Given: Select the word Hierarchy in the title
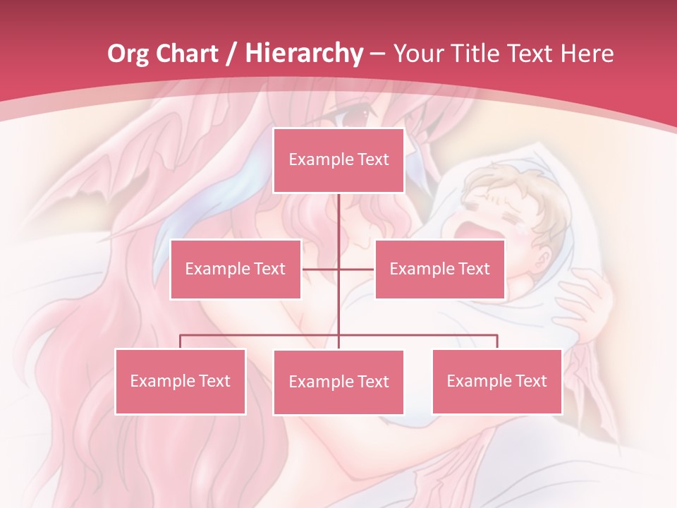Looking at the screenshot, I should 304,54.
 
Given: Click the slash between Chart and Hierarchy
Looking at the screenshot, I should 231,54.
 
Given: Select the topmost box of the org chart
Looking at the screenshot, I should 338,160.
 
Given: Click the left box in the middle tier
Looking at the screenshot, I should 236,269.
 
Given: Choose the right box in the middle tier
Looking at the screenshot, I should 439,269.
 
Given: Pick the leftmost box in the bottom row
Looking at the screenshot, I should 180,381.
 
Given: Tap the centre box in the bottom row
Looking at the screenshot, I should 338,382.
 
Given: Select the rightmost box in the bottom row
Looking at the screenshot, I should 496,381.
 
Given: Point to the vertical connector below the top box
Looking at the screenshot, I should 338,219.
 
